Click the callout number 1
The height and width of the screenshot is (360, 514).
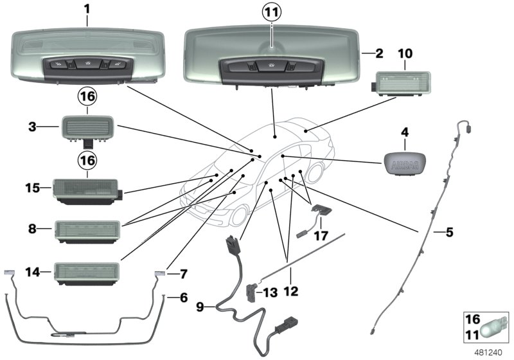87,10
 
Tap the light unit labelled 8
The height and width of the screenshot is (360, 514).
88,229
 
